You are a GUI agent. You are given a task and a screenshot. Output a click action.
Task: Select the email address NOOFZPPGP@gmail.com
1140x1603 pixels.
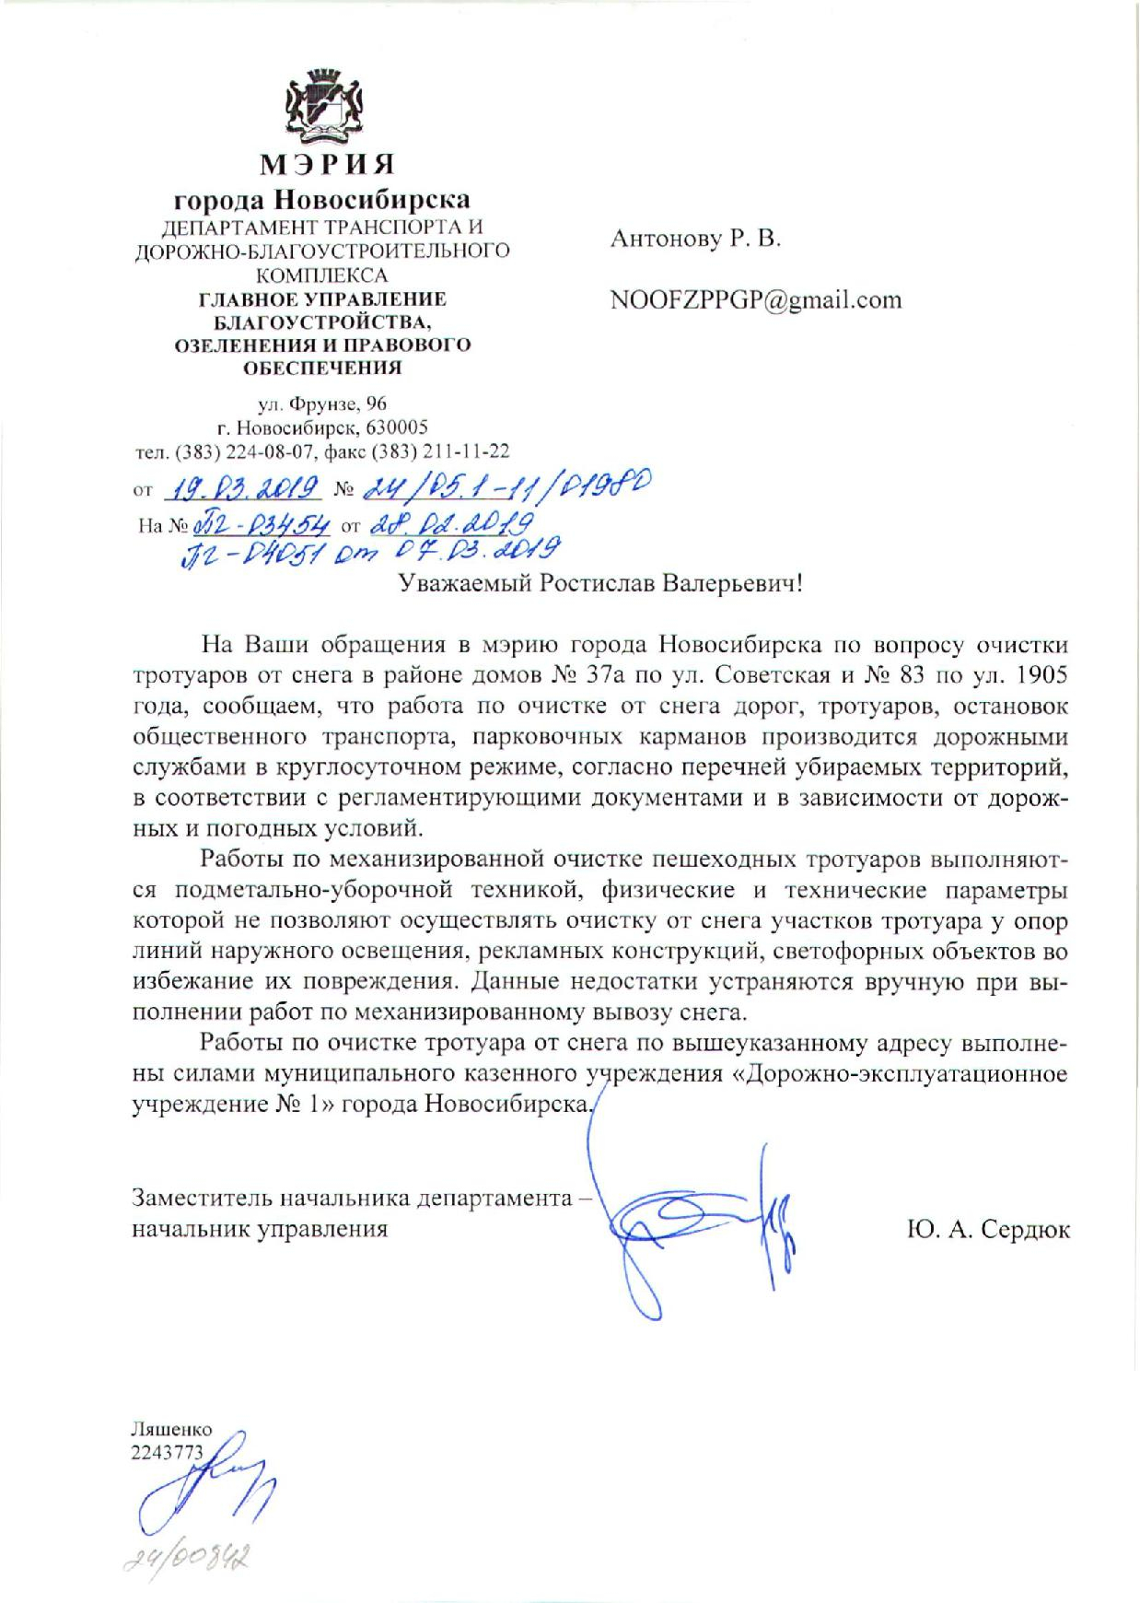coord(755,300)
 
